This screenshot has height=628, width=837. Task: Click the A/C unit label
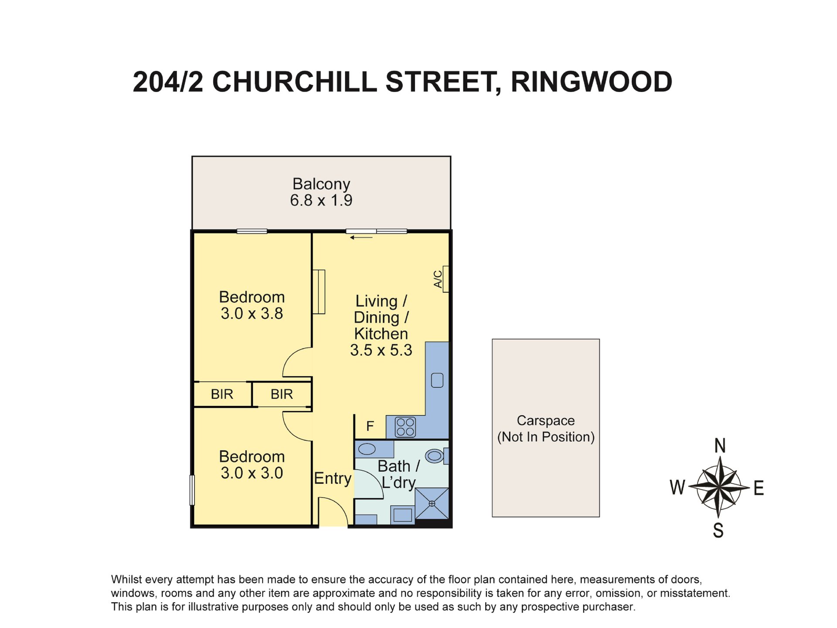click(438, 279)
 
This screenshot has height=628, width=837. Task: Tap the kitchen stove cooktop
click(405, 427)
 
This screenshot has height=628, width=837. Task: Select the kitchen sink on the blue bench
click(437, 380)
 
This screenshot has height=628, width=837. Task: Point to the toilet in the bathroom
click(435, 456)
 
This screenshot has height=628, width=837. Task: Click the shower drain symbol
click(432, 504)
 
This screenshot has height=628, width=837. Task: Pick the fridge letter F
click(370, 426)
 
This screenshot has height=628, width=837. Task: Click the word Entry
click(333, 478)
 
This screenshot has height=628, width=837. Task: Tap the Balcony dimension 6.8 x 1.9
click(321, 201)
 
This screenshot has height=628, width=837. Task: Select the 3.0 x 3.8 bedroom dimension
click(252, 314)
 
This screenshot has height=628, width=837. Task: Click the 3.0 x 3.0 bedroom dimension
click(252, 473)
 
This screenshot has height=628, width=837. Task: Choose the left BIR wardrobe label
click(222, 394)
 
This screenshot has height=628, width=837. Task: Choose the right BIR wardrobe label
click(281, 394)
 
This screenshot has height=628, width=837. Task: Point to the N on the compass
click(720, 446)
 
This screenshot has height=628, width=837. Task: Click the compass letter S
click(718, 530)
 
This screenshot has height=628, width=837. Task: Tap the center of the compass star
click(719, 487)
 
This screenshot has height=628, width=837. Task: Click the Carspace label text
click(545, 420)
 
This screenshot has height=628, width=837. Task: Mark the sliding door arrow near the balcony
click(361, 238)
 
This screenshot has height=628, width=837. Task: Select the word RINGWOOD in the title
click(591, 82)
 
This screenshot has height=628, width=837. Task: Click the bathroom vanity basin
click(367, 449)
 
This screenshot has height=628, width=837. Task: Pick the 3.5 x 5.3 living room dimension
click(381, 350)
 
